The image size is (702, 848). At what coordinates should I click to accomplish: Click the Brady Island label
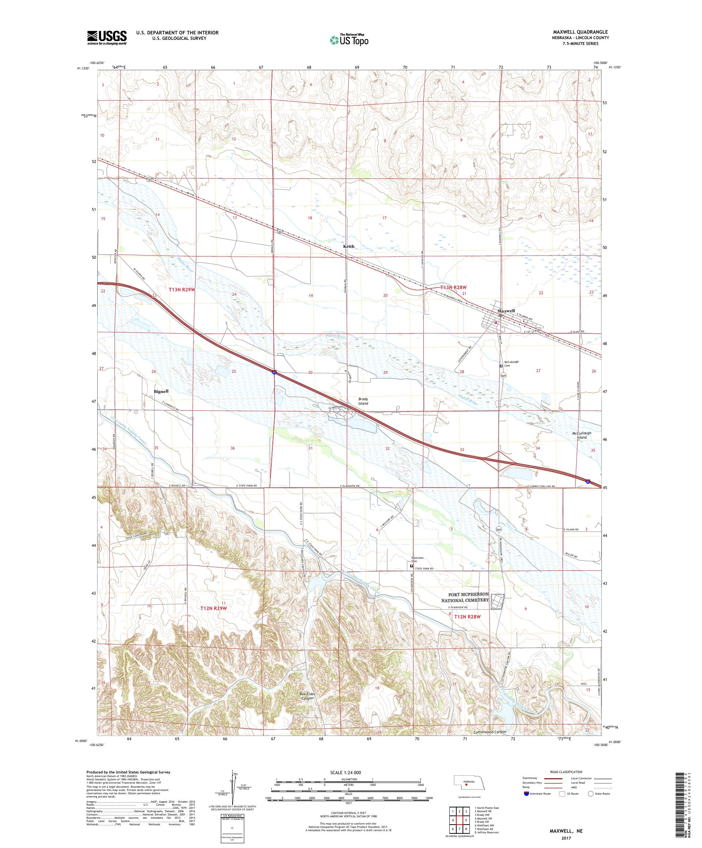pos(363,401)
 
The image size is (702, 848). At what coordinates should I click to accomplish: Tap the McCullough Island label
pos(581,435)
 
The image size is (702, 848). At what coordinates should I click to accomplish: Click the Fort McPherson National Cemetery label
pos(468,597)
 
